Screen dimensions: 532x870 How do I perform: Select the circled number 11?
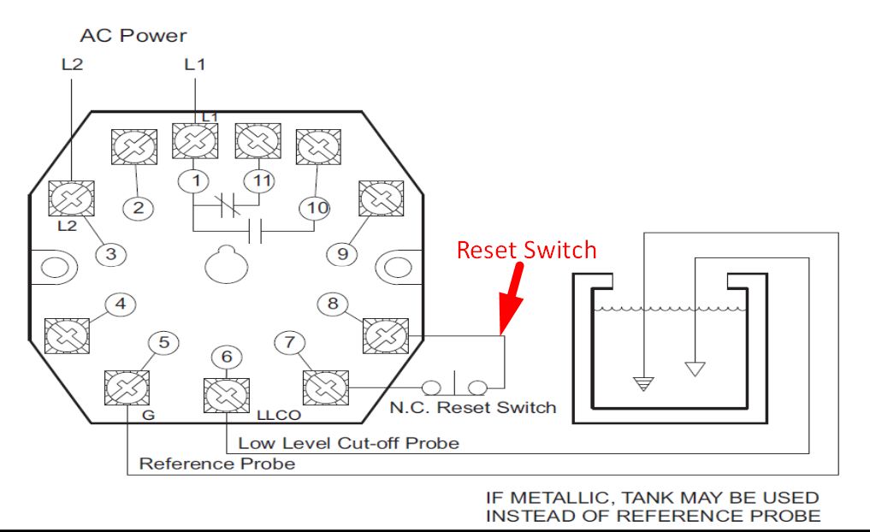(261, 180)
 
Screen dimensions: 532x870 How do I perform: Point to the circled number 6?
(227, 357)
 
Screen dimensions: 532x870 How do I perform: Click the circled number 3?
(110, 254)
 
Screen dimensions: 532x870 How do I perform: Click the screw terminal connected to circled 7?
(326, 389)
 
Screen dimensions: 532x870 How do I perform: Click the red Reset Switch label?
(526, 250)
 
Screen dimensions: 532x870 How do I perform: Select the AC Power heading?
(133, 36)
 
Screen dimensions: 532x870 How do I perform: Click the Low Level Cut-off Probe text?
(348, 443)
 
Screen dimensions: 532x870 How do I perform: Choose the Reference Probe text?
(216, 464)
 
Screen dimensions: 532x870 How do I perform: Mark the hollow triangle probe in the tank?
(695, 369)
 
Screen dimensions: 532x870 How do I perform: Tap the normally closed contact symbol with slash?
(227, 204)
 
